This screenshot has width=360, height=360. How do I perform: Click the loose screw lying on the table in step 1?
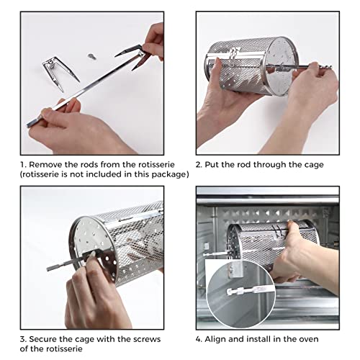pyautogui.click(x=92, y=57)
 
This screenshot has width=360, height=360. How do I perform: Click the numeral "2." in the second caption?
pyautogui.click(x=199, y=165)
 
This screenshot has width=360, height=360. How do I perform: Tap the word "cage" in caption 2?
pyautogui.click(x=314, y=166)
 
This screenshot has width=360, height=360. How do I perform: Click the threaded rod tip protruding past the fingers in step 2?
pyautogui.click(x=325, y=67)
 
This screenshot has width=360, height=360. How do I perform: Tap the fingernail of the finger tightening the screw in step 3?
pyautogui.click(x=93, y=254)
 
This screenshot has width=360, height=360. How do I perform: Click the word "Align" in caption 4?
pyautogui.click(x=215, y=340)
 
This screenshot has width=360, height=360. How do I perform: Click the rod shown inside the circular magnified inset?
pyautogui.click(x=250, y=290)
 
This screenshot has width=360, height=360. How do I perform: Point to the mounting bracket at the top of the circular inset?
pyautogui.click(x=235, y=269)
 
